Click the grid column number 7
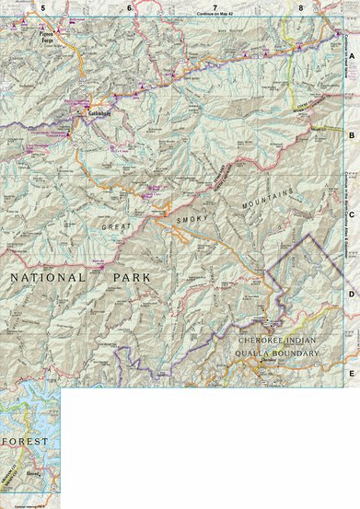click(215, 7)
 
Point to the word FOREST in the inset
click(25, 442)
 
